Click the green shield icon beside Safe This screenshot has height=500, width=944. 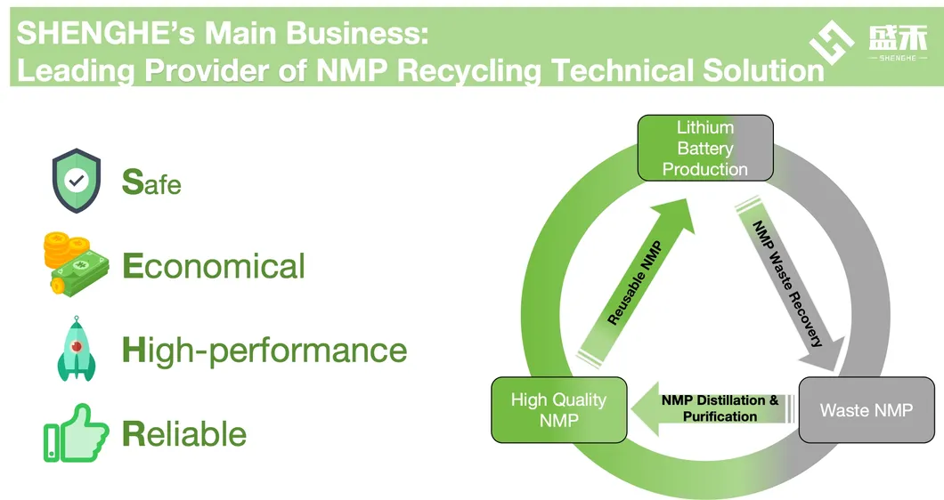(x=77, y=181)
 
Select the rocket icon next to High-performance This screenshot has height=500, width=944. (x=76, y=349)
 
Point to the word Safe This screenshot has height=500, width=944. (x=151, y=182)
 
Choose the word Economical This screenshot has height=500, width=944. (x=214, y=266)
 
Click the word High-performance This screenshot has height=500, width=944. (x=264, y=350)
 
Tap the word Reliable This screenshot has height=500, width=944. (x=184, y=434)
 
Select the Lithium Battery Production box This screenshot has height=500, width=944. (x=704, y=149)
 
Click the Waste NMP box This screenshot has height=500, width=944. (x=866, y=410)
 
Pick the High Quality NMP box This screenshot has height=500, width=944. (x=558, y=410)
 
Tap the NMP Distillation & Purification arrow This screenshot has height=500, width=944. (x=712, y=408)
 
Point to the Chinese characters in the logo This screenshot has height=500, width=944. (x=898, y=37)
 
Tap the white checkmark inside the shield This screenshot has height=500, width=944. (x=77, y=179)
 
